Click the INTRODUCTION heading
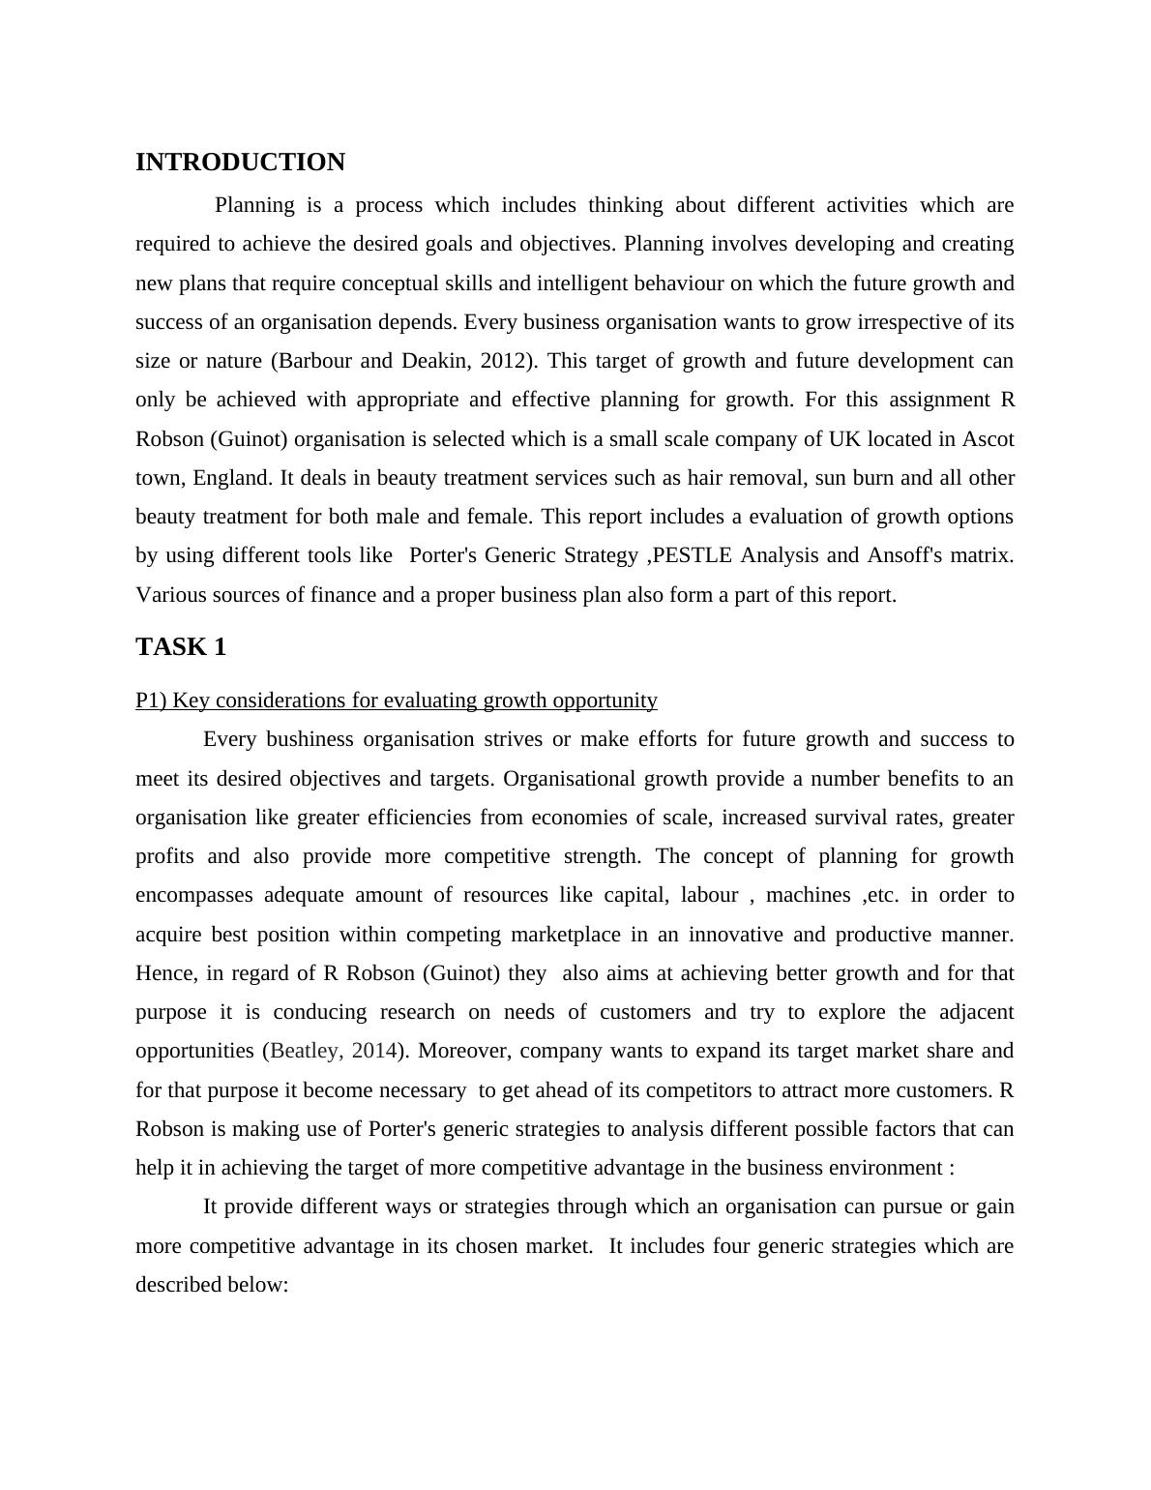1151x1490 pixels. point(240,163)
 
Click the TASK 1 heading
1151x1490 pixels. point(181,647)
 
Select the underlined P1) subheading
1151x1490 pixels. point(397,700)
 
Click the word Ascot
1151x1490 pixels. point(988,439)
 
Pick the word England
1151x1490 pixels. point(230,478)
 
